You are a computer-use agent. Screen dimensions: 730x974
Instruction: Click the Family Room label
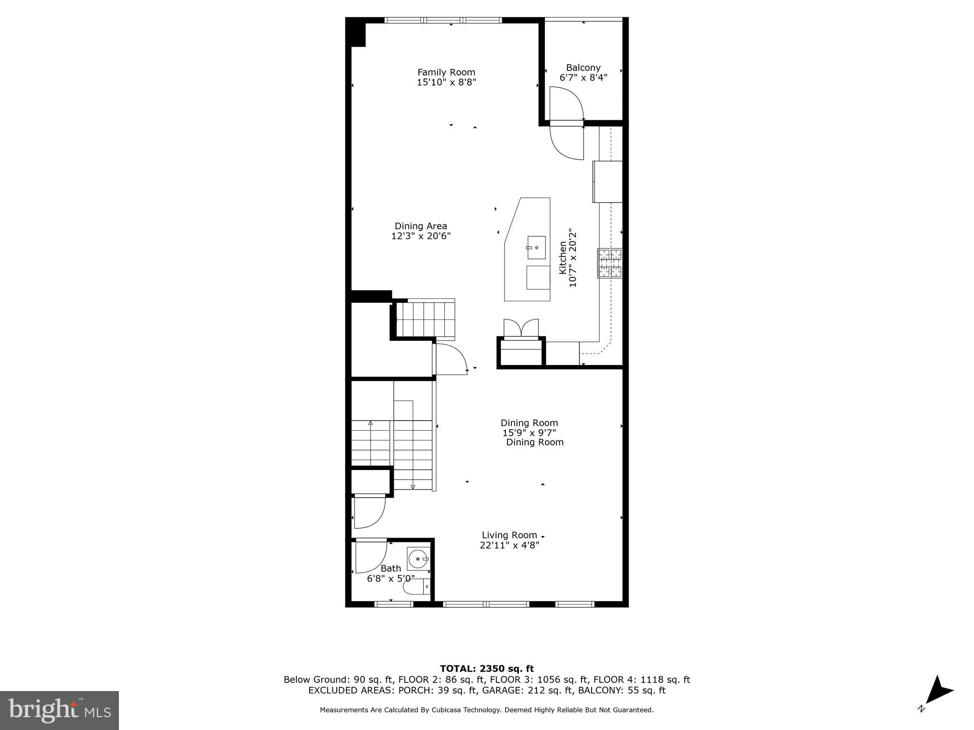tap(446, 72)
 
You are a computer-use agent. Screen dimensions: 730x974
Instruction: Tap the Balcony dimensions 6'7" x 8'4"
tap(583, 77)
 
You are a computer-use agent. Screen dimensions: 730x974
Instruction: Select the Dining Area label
tap(420, 226)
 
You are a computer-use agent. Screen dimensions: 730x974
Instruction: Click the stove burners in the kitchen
tap(610, 263)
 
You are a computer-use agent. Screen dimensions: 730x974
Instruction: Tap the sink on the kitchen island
tap(536, 248)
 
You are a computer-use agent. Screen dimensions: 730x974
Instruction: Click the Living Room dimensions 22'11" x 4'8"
tap(509, 545)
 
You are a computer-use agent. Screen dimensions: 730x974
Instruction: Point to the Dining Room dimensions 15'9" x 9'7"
tap(529, 433)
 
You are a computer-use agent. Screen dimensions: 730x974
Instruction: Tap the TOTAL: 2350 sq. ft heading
tap(487, 669)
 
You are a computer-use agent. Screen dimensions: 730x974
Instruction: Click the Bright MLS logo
tap(59, 710)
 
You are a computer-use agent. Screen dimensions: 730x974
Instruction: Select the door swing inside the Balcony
tap(566, 103)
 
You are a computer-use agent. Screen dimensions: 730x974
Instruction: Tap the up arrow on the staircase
tap(370, 423)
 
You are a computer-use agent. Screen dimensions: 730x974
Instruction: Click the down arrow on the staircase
tap(412, 486)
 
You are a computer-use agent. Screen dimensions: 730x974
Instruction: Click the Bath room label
tap(390, 568)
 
